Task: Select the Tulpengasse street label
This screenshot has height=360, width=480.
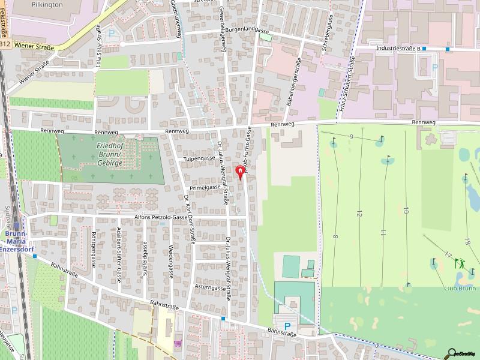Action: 199,158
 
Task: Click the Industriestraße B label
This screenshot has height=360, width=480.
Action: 396,49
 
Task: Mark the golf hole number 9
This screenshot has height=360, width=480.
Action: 350,137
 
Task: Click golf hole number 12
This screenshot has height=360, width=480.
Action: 359,214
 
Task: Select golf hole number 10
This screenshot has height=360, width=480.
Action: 406,210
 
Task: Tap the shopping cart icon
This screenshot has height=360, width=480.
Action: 177,343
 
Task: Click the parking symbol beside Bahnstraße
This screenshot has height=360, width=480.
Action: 287,326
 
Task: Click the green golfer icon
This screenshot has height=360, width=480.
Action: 460,262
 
